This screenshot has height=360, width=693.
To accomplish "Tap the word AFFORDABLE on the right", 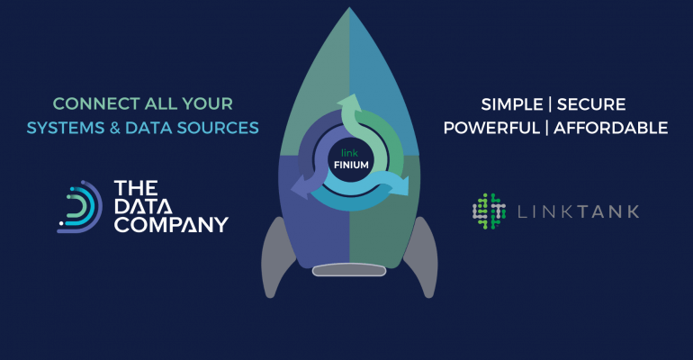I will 611,128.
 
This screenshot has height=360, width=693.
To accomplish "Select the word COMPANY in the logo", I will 170,224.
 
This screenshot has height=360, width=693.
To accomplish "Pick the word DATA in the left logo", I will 143,206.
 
